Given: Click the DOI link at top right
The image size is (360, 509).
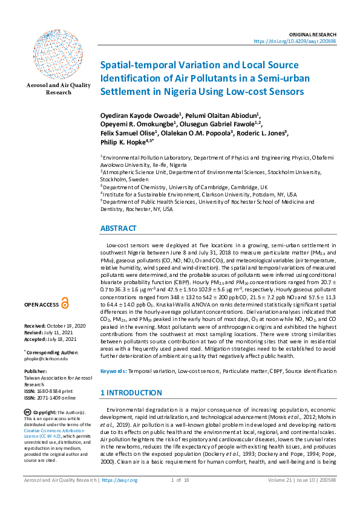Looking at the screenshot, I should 303,41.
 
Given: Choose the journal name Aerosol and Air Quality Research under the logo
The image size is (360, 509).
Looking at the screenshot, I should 50,89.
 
